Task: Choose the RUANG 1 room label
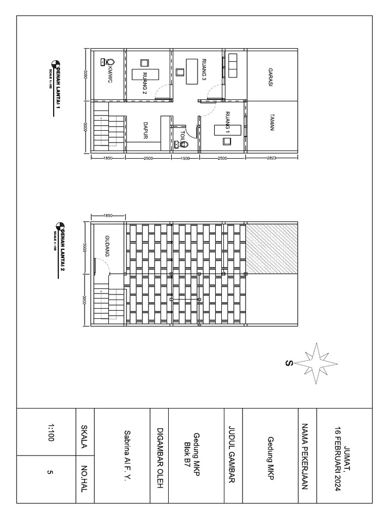point(227,122)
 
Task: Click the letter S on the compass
point(289,362)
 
